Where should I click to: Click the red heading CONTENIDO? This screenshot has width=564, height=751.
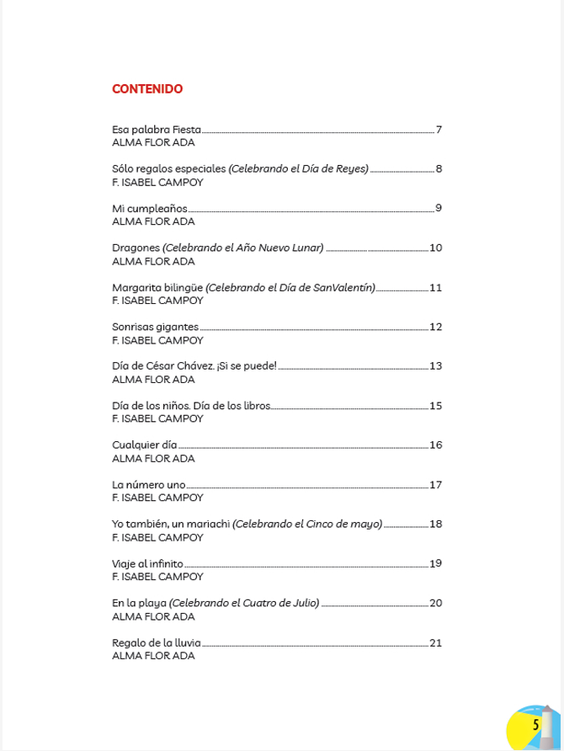click(x=147, y=88)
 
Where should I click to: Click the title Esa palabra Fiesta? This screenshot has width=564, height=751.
click(x=156, y=130)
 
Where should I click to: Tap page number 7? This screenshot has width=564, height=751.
click(x=439, y=130)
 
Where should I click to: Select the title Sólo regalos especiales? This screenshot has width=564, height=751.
click(x=168, y=169)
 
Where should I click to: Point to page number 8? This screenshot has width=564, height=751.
click(x=439, y=169)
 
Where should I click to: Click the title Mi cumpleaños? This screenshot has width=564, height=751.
click(x=149, y=209)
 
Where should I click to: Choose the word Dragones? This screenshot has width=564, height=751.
click(x=136, y=248)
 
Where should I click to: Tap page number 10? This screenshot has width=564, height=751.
click(x=435, y=248)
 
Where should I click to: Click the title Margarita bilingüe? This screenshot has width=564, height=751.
click(x=157, y=288)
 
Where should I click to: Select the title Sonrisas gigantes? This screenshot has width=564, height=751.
click(x=155, y=327)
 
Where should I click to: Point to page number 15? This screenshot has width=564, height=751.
click(x=435, y=406)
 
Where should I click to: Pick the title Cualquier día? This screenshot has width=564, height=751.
click(x=144, y=445)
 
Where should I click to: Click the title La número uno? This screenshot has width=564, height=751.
click(x=148, y=485)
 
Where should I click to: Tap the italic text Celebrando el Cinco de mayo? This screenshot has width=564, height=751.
click(x=307, y=524)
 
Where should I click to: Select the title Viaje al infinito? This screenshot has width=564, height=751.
click(x=147, y=563)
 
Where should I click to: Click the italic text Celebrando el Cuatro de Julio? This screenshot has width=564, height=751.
click(x=244, y=603)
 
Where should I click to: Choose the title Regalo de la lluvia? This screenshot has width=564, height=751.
click(x=156, y=642)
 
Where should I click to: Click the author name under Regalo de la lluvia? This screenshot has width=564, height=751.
click(x=153, y=655)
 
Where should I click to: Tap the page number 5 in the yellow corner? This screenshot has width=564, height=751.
click(x=535, y=724)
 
